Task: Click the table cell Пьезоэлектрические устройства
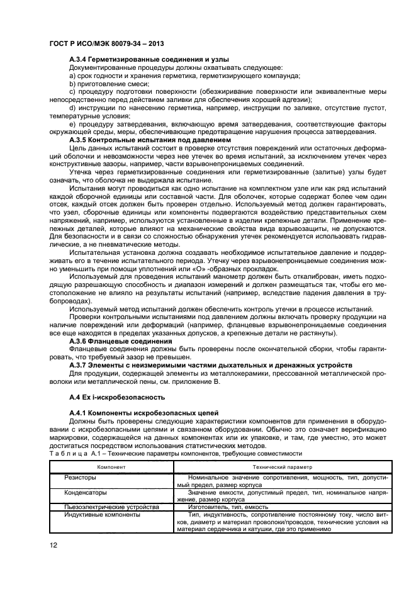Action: click(111, 506)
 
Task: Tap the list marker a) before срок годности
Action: click(72, 76)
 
